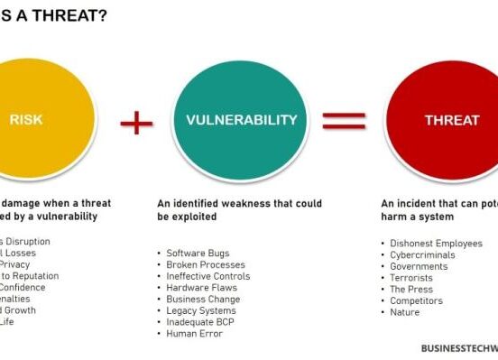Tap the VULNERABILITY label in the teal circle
point(241,120)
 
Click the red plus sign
point(136,121)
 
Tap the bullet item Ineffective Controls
point(208,276)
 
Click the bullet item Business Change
point(204,300)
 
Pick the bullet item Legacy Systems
point(201,311)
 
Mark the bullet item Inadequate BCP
point(202,322)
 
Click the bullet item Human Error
point(194,334)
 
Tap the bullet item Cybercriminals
point(422,254)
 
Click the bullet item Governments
point(419,266)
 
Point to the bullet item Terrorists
point(411,278)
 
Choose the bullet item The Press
point(411,290)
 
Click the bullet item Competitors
point(416,301)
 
